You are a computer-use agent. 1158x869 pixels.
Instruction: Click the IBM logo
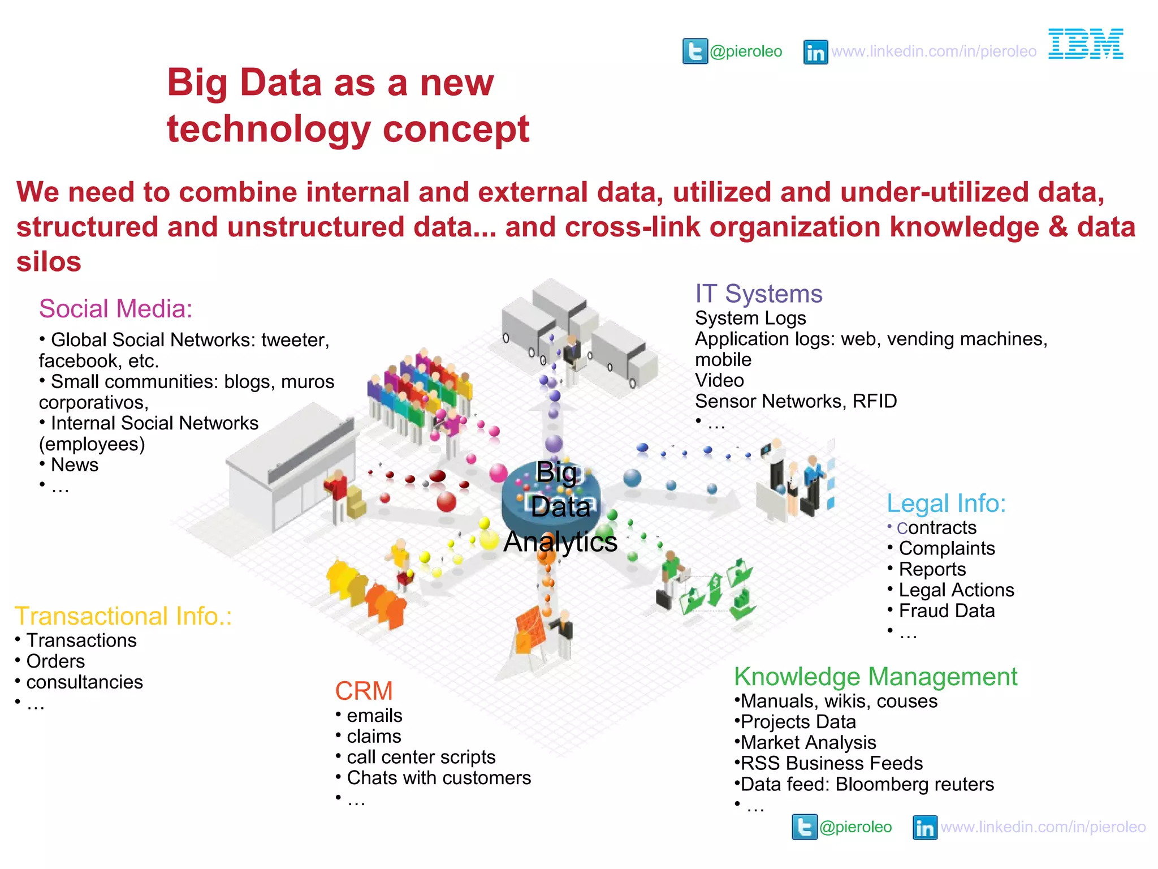[1085, 44]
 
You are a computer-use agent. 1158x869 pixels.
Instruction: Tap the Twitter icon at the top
[695, 51]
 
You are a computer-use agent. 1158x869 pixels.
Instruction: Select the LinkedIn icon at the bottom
[925, 828]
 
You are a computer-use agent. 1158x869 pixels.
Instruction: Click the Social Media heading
[115, 309]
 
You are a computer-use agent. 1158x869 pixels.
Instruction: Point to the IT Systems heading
[758, 294]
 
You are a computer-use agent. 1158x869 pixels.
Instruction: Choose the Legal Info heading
[946, 504]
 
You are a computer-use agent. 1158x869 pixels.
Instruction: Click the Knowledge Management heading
[875, 677]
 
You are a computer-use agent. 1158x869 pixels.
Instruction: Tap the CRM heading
[364, 691]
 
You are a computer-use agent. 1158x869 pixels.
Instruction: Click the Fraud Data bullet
[946, 611]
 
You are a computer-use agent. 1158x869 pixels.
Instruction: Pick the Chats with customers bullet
[438, 778]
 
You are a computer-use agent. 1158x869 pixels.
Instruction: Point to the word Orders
[55, 661]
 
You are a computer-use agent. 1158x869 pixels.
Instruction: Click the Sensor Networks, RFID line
[796, 401]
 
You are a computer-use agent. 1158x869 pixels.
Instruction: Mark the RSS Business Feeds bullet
[831, 764]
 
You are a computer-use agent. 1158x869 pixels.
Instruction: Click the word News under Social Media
[75, 465]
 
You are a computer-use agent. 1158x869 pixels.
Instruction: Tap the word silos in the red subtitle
[49, 262]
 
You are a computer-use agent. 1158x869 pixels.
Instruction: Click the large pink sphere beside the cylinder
[498, 473]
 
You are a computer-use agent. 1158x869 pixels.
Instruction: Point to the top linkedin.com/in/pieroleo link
[934, 51]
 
